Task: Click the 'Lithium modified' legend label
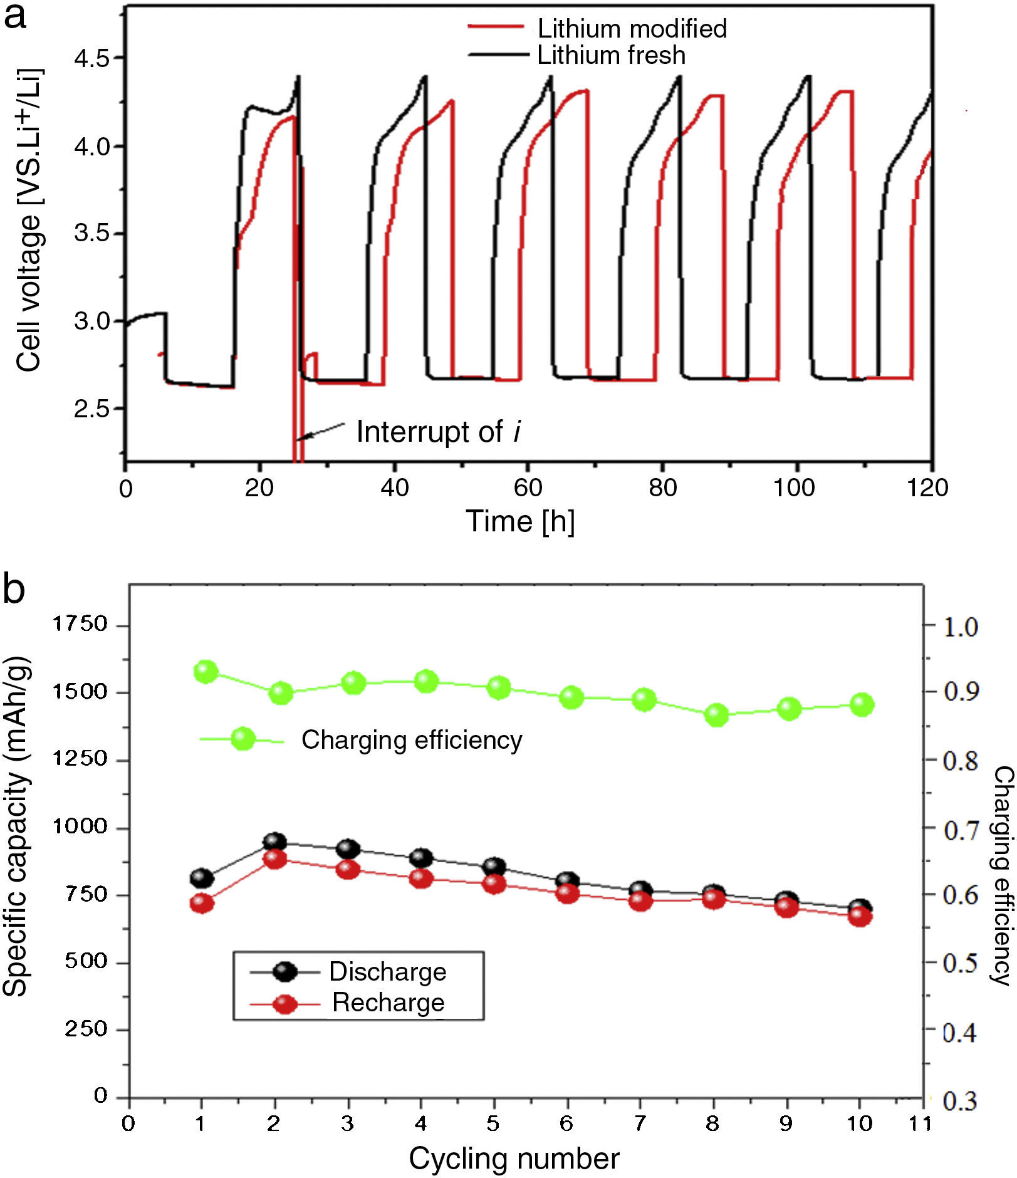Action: tap(632, 29)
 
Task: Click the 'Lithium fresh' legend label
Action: tap(611, 55)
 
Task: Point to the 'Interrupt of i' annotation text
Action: tap(438, 432)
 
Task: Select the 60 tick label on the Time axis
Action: tap(528, 487)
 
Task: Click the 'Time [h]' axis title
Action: tap(519, 521)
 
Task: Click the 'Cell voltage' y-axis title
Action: tap(28, 219)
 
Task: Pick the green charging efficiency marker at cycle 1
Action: tap(206, 672)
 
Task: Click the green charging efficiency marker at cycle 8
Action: tap(716, 714)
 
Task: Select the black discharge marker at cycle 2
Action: tap(275, 842)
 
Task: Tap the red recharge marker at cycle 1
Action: tap(202, 903)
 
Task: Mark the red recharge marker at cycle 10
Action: tap(860, 916)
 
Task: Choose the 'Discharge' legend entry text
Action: tap(388, 971)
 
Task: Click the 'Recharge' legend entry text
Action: tap(388, 1003)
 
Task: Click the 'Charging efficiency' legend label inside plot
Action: tap(412, 740)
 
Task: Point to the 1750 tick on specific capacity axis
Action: tap(80, 624)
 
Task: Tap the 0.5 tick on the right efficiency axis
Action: tap(961, 962)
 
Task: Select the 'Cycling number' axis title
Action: tap(514, 1159)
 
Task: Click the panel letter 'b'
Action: tap(14, 588)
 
